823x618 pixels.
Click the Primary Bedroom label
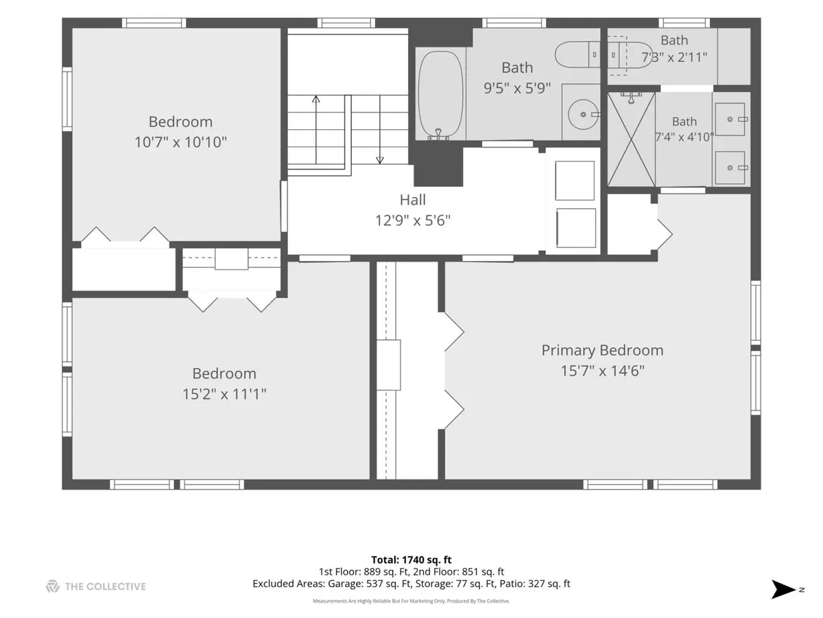click(x=602, y=350)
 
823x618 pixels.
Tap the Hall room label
click(x=412, y=200)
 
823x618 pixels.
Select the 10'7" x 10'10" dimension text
click(x=181, y=142)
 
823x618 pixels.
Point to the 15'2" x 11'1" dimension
click(x=224, y=394)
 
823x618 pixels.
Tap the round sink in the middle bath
click(x=583, y=114)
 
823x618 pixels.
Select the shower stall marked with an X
click(x=632, y=139)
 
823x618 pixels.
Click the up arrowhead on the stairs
click(x=316, y=99)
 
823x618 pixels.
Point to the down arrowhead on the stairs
click(x=380, y=160)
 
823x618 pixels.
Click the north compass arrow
click(x=783, y=589)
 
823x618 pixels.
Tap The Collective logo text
click(x=106, y=586)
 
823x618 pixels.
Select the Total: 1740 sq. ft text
click(x=411, y=560)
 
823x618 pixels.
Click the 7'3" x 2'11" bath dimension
click(x=674, y=58)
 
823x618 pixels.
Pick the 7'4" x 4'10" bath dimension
click(x=684, y=137)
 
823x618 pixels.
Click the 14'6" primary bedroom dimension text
click(x=628, y=371)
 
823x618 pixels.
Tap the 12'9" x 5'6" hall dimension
click(x=412, y=220)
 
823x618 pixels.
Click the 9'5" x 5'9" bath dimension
click(x=517, y=88)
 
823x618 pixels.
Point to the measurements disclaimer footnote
click(x=411, y=601)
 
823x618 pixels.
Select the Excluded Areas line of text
click(x=411, y=584)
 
